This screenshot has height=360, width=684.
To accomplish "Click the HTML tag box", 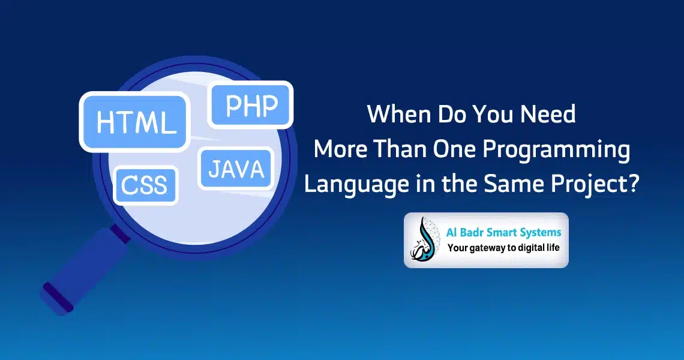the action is [x=134, y=122].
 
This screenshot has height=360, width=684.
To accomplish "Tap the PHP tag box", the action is [x=250, y=105].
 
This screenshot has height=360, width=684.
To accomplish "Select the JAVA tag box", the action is [x=236, y=169].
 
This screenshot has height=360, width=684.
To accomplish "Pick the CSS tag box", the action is [x=146, y=185].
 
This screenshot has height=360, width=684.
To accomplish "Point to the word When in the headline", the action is [x=399, y=114].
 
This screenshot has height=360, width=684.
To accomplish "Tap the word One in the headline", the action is [x=454, y=149].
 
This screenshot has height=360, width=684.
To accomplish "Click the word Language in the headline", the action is [x=356, y=185].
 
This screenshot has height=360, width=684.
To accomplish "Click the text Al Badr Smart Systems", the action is [x=503, y=232].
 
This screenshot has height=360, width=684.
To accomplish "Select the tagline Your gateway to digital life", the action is [x=503, y=248].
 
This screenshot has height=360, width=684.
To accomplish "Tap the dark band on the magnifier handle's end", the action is [x=58, y=297].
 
